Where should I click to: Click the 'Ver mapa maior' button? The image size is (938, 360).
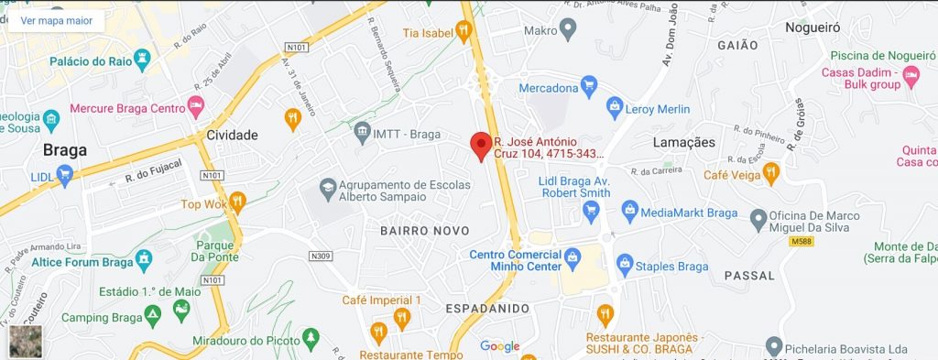click(x=56, y=18)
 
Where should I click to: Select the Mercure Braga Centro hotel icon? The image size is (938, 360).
click(x=195, y=108)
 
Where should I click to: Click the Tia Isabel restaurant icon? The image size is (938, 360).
click(x=464, y=33)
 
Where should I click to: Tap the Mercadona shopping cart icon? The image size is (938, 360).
click(x=589, y=88)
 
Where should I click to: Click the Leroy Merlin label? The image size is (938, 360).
click(x=657, y=108)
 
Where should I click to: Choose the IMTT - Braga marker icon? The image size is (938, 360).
click(x=362, y=133)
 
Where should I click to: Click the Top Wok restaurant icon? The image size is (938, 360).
click(x=237, y=204)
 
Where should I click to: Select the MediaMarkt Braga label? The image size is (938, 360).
click(x=689, y=213)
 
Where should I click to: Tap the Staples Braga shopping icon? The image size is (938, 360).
click(x=625, y=267)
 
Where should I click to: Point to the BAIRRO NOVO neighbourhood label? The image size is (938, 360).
click(x=424, y=231)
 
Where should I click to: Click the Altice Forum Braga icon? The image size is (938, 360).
click(x=144, y=262)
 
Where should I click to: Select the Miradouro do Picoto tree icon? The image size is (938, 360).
click(x=311, y=340)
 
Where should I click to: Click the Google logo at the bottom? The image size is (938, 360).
click(x=500, y=346)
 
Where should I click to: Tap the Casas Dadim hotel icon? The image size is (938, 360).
click(x=909, y=72)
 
